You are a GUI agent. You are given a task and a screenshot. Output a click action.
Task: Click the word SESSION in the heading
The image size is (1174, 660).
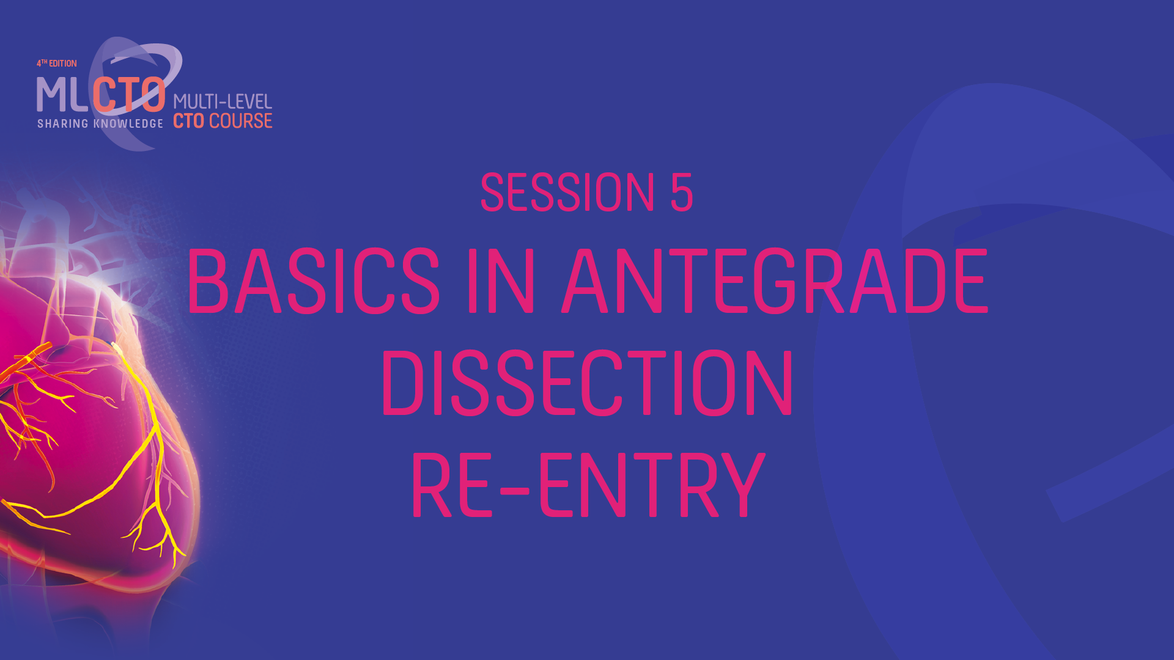(567, 193)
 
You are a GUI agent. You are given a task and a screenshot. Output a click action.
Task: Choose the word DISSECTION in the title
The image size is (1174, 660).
(587, 383)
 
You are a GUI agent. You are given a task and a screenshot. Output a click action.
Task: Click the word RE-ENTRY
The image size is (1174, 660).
(588, 486)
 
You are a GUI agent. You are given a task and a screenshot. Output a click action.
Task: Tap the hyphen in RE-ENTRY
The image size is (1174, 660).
(511, 489)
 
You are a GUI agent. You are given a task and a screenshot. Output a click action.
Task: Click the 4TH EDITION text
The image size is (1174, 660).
(57, 64)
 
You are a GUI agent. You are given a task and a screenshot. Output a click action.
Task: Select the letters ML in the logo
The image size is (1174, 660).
(62, 95)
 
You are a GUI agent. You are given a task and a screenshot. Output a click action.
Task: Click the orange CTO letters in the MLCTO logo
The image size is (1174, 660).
(129, 95)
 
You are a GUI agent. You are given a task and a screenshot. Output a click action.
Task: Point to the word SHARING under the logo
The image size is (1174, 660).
(63, 124)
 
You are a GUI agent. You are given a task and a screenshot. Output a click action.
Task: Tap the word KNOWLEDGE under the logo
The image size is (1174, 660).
(128, 124)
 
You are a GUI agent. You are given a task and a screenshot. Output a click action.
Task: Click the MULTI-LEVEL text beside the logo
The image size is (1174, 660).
(223, 101)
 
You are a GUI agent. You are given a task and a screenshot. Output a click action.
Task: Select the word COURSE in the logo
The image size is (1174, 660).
(241, 121)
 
